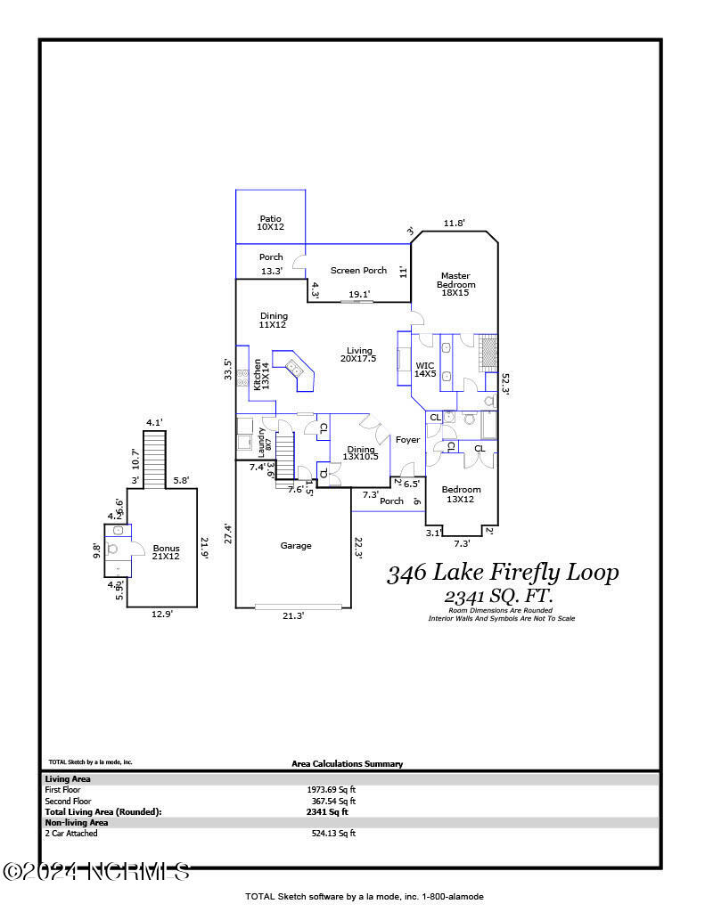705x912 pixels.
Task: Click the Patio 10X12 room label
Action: (270, 223)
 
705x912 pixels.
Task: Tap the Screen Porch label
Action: (358, 271)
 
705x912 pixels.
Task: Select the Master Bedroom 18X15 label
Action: (455, 281)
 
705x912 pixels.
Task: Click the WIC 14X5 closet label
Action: (425, 370)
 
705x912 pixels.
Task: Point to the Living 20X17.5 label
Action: (358, 354)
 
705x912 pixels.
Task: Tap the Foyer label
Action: (407, 440)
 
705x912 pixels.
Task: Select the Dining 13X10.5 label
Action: (361, 453)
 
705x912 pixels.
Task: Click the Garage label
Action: (296, 546)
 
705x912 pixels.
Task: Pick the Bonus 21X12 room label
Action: (166, 552)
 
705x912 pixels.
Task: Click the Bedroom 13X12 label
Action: (461, 494)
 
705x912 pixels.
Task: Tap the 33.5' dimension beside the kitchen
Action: (228, 369)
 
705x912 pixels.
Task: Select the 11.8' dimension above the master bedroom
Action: (455, 224)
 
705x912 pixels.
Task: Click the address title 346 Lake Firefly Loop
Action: (502, 573)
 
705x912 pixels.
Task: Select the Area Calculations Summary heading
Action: (347, 764)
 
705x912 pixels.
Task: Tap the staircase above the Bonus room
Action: (155, 460)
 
